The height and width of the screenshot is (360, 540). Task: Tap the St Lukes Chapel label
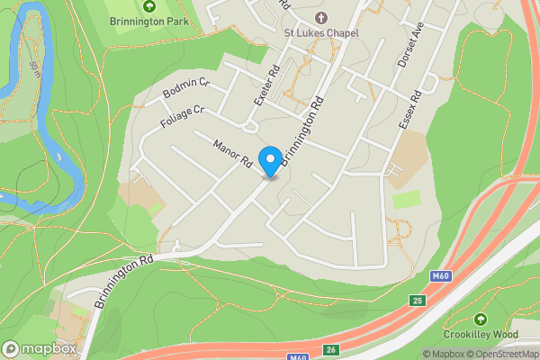click(321, 34)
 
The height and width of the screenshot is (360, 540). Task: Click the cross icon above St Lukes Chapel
click(321, 17)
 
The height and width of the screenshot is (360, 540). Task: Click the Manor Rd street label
click(231, 152)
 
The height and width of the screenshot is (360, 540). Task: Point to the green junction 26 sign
click(331, 348)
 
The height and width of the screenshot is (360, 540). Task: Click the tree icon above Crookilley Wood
click(481, 319)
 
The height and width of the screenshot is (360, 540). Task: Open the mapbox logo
click(40, 348)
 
